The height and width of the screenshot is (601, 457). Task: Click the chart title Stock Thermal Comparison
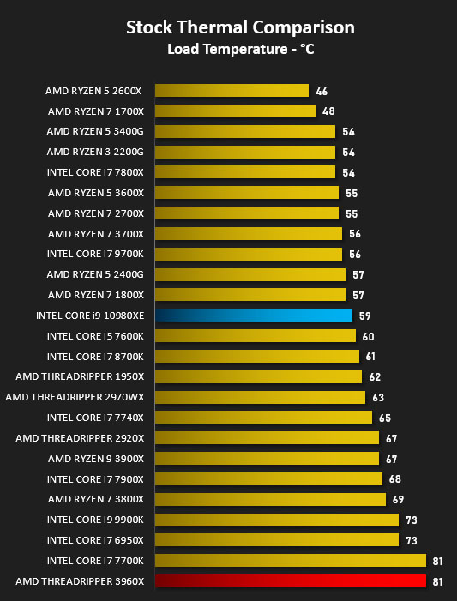240,27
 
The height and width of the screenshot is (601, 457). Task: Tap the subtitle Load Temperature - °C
241,49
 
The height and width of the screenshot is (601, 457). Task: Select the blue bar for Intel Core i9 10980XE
254,315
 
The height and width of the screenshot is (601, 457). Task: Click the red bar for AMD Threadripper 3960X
291,580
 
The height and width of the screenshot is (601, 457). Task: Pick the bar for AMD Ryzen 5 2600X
232,91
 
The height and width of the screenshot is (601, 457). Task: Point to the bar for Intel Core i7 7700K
291,561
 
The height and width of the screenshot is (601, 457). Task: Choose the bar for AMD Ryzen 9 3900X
268,458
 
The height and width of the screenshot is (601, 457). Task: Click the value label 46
322,91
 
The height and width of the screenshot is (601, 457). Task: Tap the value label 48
328,111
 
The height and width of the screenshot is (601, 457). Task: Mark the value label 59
365,316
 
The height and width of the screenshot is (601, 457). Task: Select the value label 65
385,418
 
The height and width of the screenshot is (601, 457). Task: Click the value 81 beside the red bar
438,581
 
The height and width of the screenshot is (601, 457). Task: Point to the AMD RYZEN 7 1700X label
96,111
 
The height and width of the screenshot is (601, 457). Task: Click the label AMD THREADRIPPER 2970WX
75,397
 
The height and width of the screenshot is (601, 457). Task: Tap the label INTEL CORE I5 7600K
95,336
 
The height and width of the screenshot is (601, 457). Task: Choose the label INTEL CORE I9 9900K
95,520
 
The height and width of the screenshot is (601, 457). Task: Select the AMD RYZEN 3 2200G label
95,152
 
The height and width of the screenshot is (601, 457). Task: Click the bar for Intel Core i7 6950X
277,539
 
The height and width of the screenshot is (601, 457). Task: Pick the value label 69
399,500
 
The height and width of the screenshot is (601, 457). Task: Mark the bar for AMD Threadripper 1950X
259,376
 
